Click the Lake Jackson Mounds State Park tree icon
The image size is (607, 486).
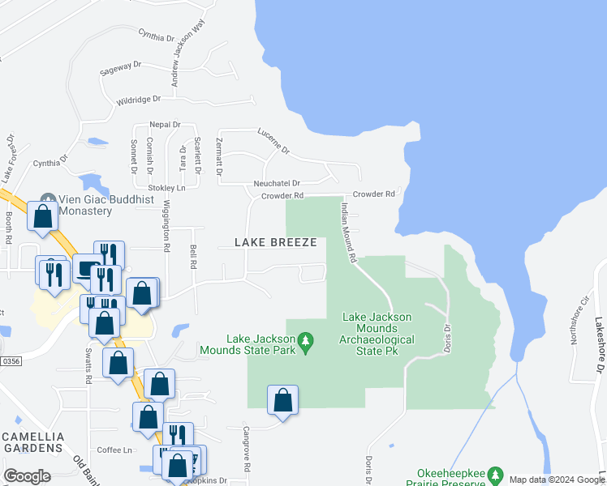click(x=306, y=343)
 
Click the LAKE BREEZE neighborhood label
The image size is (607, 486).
click(x=270, y=242)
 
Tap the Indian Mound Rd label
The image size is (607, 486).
click(x=348, y=232)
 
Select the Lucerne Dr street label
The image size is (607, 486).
click(x=273, y=140)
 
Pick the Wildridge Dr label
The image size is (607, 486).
click(x=139, y=100)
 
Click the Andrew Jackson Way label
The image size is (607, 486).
click(x=185, y=57)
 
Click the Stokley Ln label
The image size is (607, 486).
click(x=168, y=188)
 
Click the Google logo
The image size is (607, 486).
click(x=27, y=476)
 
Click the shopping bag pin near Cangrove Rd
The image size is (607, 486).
click(x=282, y=400)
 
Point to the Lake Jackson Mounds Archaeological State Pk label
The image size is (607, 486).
click(x=377, y=328)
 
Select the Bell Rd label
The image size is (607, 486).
click(x=193, y=258)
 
